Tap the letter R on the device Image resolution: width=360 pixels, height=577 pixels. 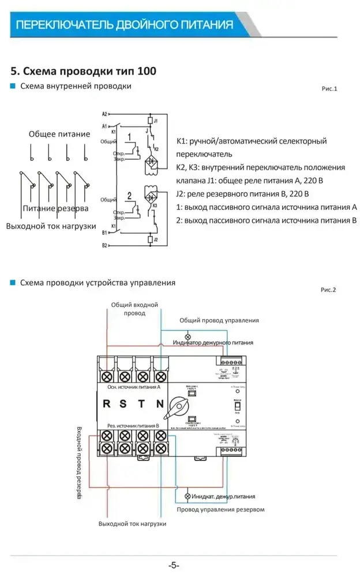pyautogui.click(x=107, y=404)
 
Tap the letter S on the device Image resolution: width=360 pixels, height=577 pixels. pyautogui.click(x=125, y=404)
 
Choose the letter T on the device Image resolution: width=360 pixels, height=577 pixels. pyautogui.click(x=142, y=404)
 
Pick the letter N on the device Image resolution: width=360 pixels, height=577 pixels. pyautogui.click(x=160, y=404)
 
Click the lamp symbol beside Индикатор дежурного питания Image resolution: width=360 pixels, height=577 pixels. pyautogui.click(x=187, y=336)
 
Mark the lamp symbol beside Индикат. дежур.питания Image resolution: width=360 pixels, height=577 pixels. pyautogui.click(x=187, y=496)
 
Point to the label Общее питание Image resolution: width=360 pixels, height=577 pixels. pyautogui.click(x=59, y=134)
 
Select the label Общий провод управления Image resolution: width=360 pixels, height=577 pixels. pyautogui.click(x=219, y=320)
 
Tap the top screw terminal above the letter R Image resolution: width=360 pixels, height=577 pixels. pyautogui.click(x=107, y=376)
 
